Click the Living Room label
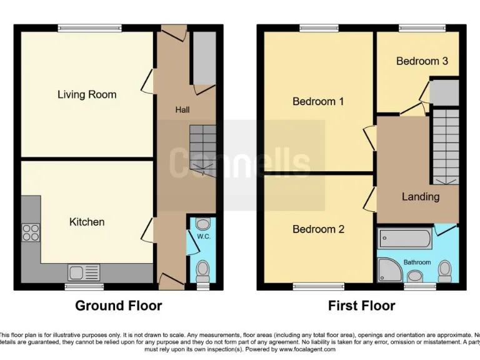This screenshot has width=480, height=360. tap(87, 94)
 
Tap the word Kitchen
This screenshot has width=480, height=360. tap(87, 222)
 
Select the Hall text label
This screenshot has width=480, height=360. tap(182, 110)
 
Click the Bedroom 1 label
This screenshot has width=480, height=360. tap(318, 101)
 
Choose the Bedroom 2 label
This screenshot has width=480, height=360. tap(318, 229)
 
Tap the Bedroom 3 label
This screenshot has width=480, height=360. tap(422, 61)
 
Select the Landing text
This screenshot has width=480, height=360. tap(420, 197)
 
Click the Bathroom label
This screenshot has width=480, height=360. tap(417, 262)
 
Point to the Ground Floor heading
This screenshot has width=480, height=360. tap(119, 306)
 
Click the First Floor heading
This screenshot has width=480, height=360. tap(362, 306)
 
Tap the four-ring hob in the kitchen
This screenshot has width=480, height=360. tap(31, 232)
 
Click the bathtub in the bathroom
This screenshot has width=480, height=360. tap(404, 239)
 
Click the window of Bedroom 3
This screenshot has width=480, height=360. tap(422, 27)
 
